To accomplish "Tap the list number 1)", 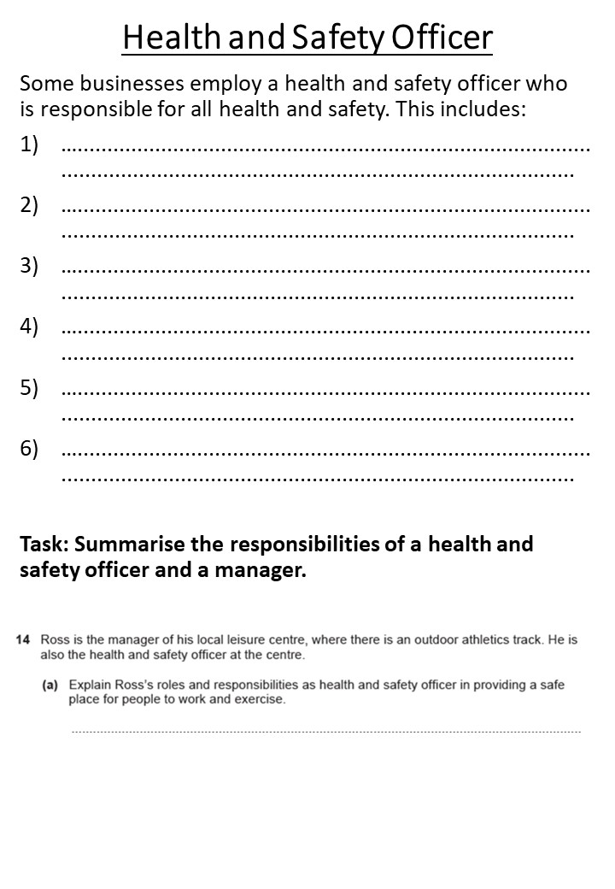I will [x=30, y=145].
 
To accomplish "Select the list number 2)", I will [x=30, y=205].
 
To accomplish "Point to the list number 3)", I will [x=30, y=266].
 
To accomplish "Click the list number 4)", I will [x=30, y=327].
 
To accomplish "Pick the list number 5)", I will [x=30, y=387].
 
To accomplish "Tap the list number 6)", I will [x=30, y=448].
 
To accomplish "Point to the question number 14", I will [x=23, y=639].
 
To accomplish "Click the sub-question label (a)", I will [x=51, y=686].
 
